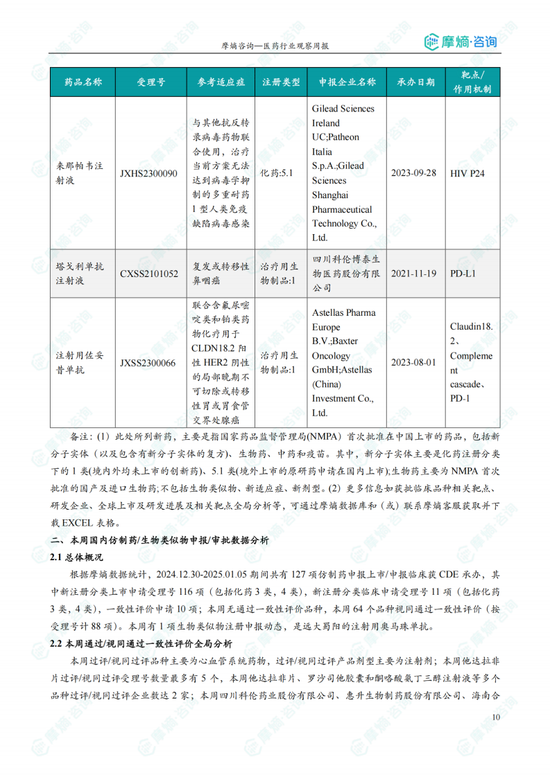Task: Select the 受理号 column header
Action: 151,82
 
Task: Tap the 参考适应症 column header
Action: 221,82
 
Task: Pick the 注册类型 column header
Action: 281,82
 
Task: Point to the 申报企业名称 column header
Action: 347,82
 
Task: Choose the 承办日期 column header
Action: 415,82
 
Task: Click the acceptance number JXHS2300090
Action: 148,173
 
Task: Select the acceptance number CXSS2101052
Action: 148,274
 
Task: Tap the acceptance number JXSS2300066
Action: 148,362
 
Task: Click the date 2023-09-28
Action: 414,173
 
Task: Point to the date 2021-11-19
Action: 414,274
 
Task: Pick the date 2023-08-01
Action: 414,362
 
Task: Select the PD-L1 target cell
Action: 463,274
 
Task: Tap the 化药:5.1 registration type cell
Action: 277,173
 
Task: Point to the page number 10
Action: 495,717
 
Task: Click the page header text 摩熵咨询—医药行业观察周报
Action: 275,46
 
